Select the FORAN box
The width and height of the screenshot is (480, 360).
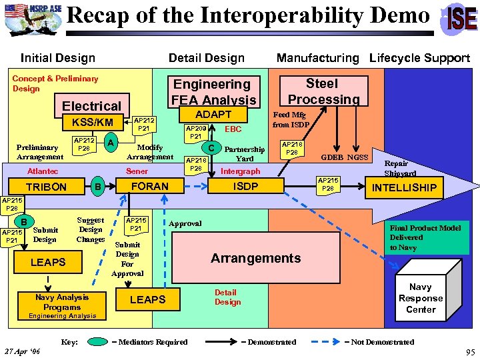click(x=150, y=186)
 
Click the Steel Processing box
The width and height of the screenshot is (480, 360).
click(x=322, y=91)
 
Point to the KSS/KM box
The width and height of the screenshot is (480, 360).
click(x=92, y=123)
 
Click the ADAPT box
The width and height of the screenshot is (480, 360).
click(x=213, y=115)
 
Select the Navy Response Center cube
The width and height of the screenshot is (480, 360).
click(x=420, y=297)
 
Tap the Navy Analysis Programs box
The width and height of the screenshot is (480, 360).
click(x=62, y=301)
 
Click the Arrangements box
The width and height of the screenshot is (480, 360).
click(x=256, y=258)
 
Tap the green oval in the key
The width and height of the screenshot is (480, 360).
click(x=99, y=342)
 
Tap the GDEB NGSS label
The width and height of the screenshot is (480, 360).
click(x=345, y=158)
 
